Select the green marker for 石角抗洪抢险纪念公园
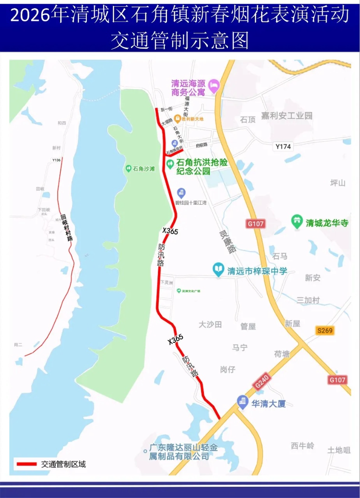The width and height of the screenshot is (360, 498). coord(170,165)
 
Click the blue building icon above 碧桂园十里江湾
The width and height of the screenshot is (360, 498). coord(181,193)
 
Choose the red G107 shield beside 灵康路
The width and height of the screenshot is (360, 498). coord(255,224)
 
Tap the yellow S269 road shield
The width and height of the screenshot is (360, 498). coord(324,331)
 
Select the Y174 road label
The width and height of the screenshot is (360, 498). coord(283,146)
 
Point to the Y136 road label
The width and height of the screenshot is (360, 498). coord(56,160)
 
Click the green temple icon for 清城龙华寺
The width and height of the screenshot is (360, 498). coord(297,222)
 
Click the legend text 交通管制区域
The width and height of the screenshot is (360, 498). coord(63,464)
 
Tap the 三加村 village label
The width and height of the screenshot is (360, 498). coord(308,300)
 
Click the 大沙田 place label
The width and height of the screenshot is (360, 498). coord(210,324)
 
